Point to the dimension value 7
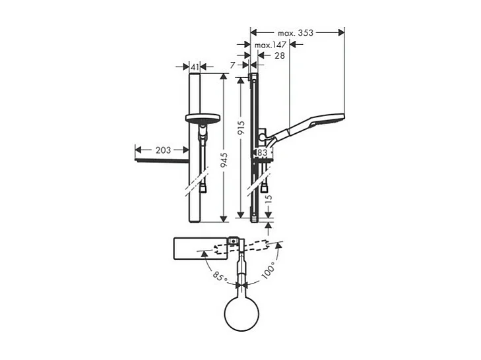(x=233, y=65)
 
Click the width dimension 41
(x=195, y=67)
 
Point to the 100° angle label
(x=270, y=270)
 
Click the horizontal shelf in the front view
(x=162, y=160)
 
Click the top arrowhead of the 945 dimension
(x=224, y=77)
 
